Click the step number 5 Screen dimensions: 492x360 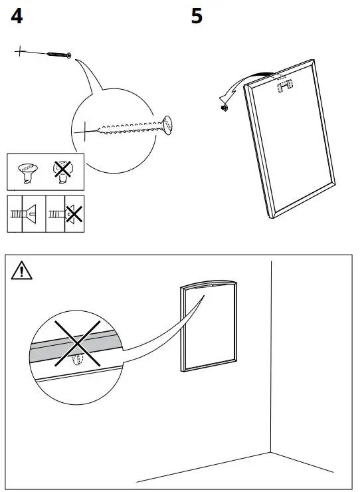point(197,17)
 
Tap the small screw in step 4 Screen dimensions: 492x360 point(58,55)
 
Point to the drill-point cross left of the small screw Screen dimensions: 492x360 point(21,51)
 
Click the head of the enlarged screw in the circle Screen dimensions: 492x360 point(167,124)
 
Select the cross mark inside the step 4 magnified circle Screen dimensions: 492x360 point(85,132)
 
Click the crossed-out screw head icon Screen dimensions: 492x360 point(63,171)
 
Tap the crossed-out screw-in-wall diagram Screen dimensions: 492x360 point(65,214)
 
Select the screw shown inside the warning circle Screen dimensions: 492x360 point(76,360)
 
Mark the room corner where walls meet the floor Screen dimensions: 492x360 point(271,453)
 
